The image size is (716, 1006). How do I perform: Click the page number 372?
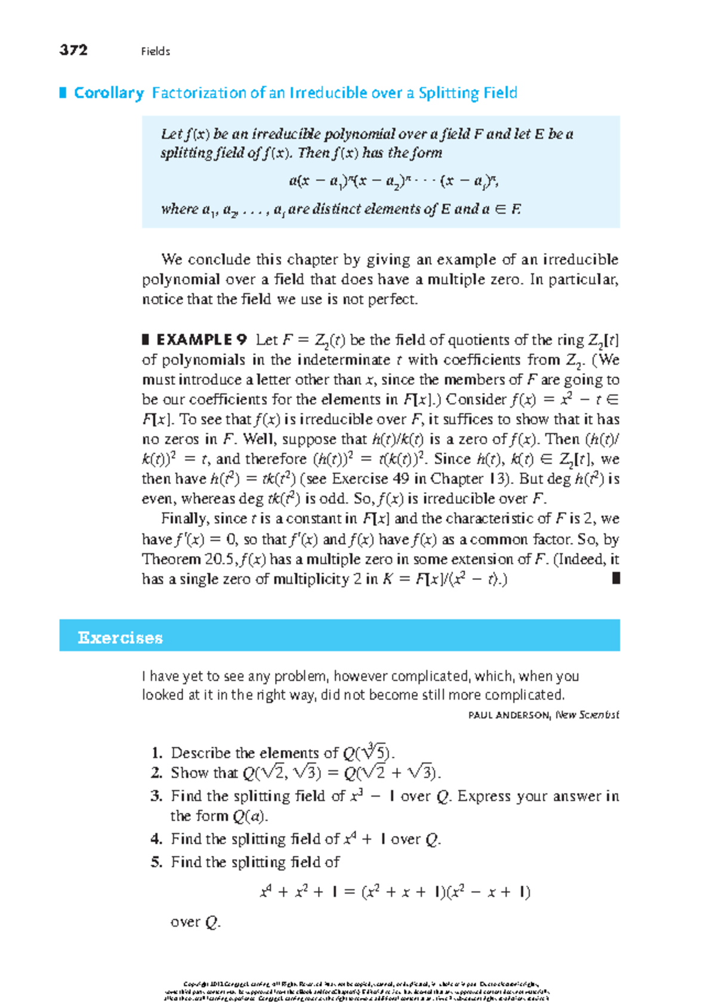73,50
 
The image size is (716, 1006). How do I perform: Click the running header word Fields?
155,52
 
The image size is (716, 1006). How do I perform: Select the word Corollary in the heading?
109,93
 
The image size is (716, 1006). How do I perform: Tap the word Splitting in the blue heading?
447,93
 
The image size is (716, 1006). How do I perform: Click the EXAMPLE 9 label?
201,340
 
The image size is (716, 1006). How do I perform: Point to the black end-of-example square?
616,578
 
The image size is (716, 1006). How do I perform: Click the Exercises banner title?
120,638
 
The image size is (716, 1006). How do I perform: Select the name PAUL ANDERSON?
508,715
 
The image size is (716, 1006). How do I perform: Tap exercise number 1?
156,753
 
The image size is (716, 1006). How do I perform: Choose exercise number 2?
156,773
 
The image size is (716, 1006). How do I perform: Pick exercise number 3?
156,796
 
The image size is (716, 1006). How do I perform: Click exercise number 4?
156,839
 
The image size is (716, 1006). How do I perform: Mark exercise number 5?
156,862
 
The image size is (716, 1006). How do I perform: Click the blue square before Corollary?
63,92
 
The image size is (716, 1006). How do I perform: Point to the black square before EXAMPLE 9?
145,340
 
